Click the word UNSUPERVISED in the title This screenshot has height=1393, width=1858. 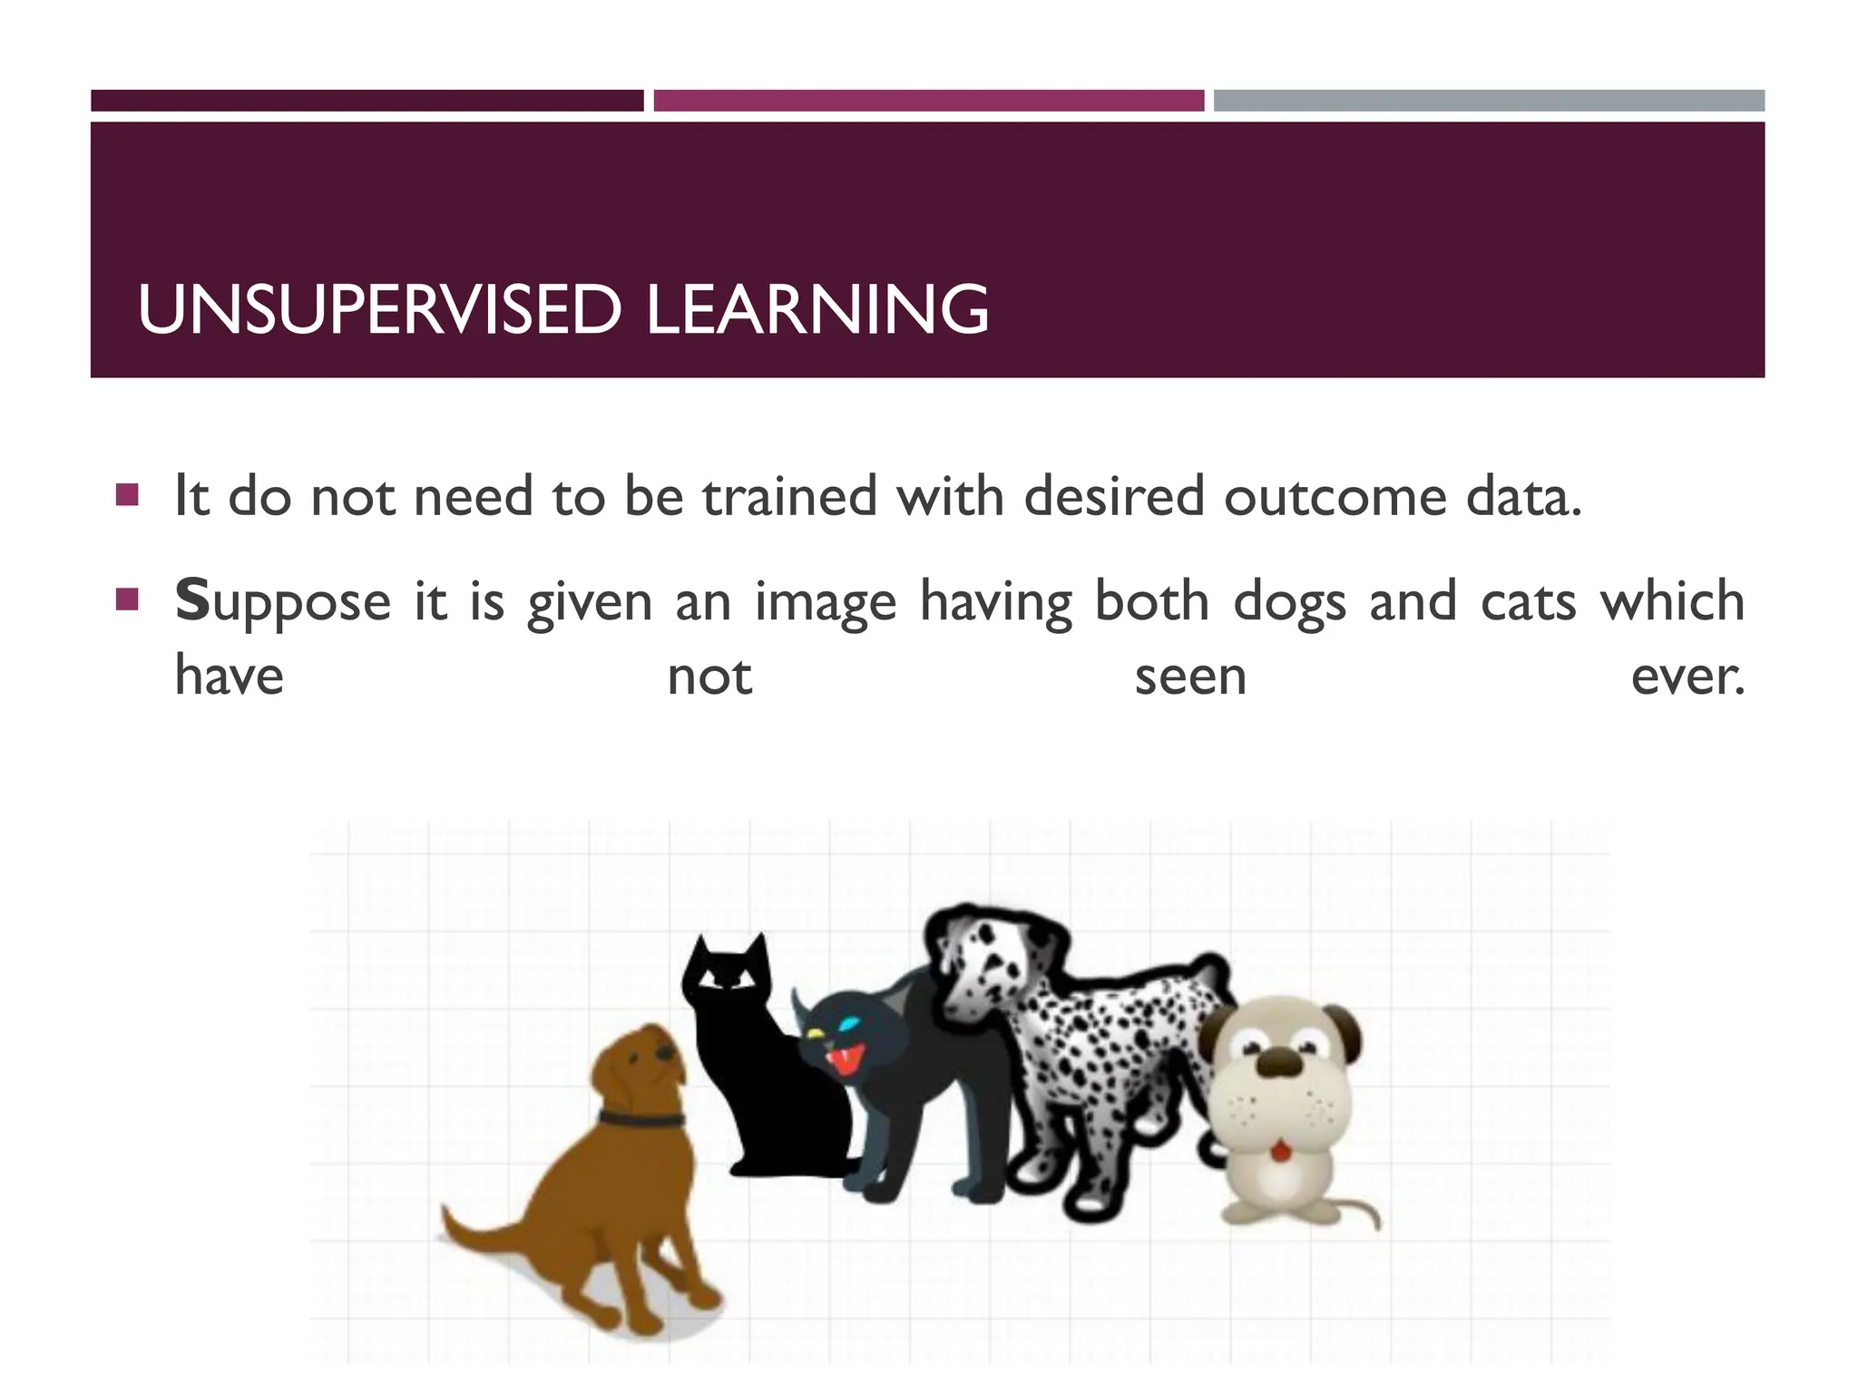point(378,310)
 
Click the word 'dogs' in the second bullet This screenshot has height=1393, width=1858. point(1289,603)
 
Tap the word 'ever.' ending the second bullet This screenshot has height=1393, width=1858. point(1687,677)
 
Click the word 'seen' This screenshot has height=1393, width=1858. point(1190,677)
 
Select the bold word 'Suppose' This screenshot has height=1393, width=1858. point(282,603)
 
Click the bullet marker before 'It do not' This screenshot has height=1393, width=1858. point(127,495)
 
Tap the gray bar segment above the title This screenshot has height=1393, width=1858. point(1489,101)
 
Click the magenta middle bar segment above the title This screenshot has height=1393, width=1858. point(928,101)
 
